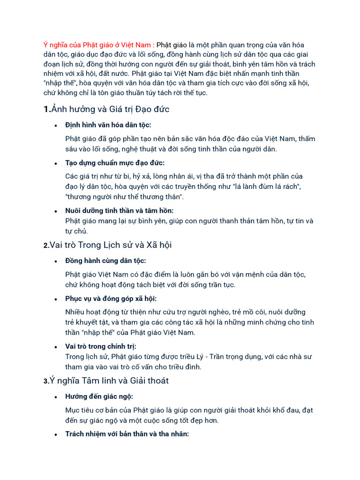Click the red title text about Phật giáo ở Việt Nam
(x=98, y=45)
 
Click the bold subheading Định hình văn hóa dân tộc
(x=108, y=125)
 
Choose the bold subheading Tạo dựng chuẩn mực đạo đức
(x=115, y=163)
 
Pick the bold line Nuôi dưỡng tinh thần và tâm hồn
(x=120, y=210)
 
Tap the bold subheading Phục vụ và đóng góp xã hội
(x=111, y=299)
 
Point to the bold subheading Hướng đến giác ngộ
(x=99, y=396)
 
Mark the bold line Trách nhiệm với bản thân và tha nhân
(x=127, y=434)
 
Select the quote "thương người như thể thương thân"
(x=125, y=197)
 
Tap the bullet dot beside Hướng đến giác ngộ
(x=56, y=397)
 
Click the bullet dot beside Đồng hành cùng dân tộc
(x=56, y=261)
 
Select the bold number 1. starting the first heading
(x=46, y=109)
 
